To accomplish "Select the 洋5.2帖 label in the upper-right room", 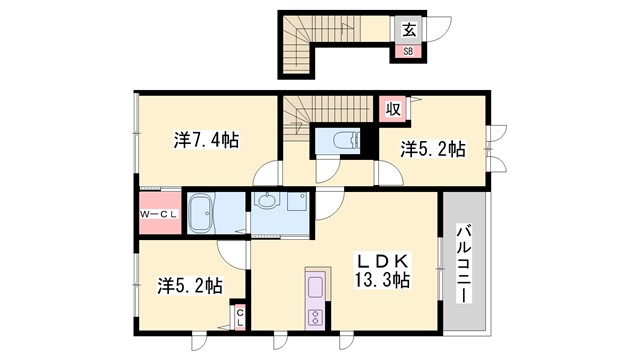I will [x=433, y=149].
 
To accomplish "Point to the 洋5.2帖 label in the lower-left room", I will [x=188, y=286].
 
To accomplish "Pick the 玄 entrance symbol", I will [x=409, y=29].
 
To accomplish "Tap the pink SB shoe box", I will [x=408, y=50].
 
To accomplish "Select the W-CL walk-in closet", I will [x=158, y=212].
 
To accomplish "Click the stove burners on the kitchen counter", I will [x=314, y=319].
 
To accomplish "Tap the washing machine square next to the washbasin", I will [x=297, y=203].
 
